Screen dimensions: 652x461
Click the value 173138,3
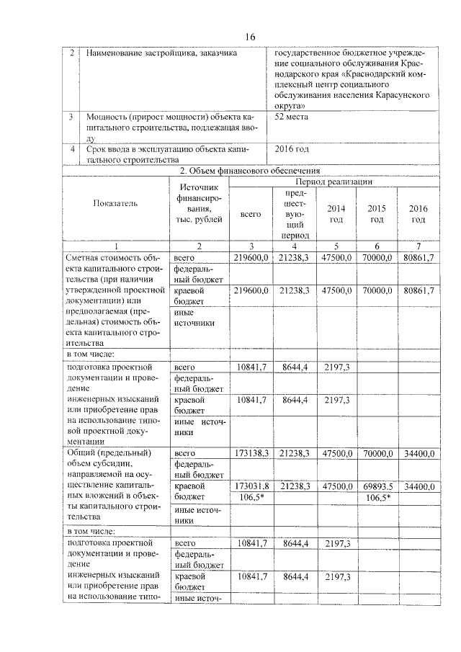(x=251, y=453)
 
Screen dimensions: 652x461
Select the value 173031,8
(x=251, y=487)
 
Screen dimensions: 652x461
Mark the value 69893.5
(x=377, y=487)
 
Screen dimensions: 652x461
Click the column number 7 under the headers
(x=419, y=246)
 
